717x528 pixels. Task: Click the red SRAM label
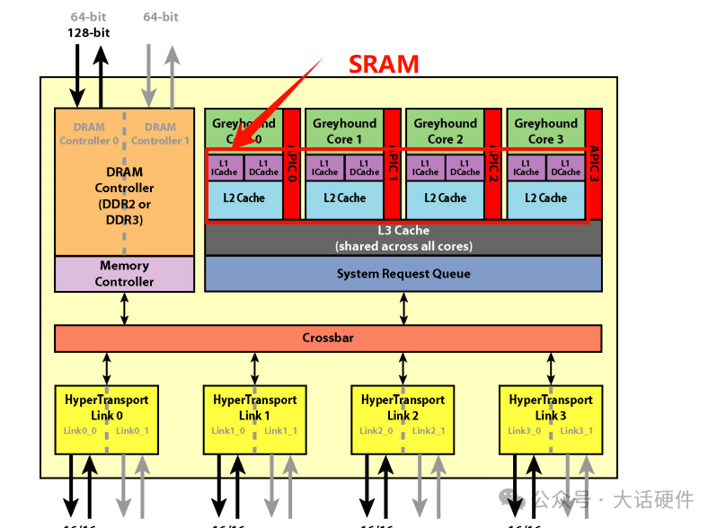(384, 65)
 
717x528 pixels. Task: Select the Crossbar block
(327, 339)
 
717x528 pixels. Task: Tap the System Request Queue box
(403, 274)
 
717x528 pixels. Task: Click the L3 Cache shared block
(403, 238)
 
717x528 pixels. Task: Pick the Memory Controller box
(124, 274)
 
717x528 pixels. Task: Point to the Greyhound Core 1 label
(344, 131)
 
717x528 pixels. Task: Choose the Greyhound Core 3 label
(545, 131)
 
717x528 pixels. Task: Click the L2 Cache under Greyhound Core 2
(446, 198)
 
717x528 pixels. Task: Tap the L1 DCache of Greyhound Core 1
(364, 167)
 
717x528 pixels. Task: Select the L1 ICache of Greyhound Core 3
(526, 167)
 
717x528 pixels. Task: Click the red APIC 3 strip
(593, 163)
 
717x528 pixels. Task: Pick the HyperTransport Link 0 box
(107, 419)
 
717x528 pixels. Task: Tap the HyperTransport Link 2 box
(403, 419)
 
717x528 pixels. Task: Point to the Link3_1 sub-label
(577, 431)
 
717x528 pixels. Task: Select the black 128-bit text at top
(89, 33)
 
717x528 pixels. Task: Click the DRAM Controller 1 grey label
(160, 134)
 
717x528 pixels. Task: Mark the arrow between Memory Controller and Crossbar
(125, 308)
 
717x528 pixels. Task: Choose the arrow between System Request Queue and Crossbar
(403, 308)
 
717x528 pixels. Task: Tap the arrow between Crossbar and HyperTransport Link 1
(254, 368)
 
